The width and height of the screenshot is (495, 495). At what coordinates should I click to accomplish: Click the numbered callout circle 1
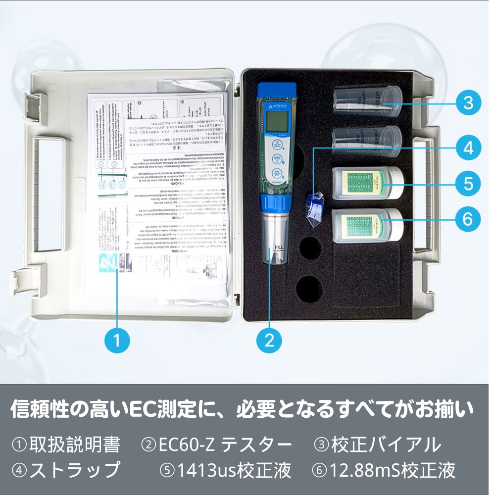tap(117, 340)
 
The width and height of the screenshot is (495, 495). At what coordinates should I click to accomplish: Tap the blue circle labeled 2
tap(269, 340)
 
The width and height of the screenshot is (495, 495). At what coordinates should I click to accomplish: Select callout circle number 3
tap(468, 103)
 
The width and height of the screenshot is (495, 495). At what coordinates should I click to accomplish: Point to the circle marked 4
tap(468, 147)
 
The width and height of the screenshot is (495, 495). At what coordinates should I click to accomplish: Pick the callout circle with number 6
tap(468, 218)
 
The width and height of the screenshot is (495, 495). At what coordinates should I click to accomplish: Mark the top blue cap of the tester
tap(276, 91)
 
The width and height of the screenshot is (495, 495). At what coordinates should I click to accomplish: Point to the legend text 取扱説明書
tap(75, 445)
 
